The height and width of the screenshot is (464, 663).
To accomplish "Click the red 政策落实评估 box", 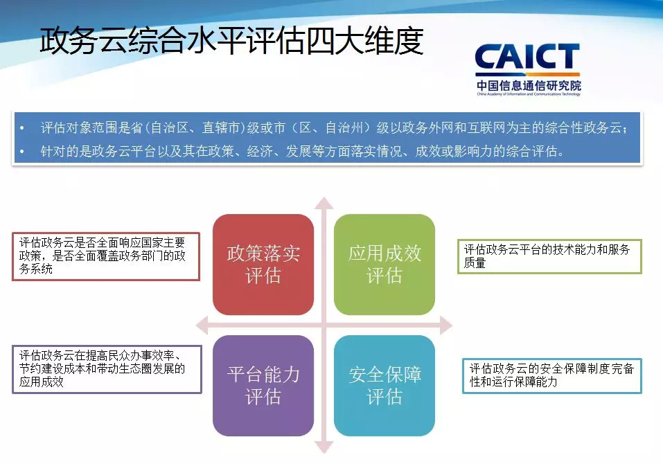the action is [263, 265].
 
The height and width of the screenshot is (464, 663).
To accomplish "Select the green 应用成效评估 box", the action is [384, 265].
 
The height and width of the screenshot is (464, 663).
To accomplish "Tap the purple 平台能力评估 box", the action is [263, 386].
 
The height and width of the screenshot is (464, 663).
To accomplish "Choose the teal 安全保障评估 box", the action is [384, 386].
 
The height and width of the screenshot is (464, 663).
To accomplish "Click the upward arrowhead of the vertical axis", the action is [324, 204].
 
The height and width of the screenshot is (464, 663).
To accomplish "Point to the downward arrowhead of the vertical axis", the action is [324, 447].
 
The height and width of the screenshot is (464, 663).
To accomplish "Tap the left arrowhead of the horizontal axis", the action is [202, 325].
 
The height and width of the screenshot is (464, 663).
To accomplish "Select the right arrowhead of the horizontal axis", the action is [446, 325].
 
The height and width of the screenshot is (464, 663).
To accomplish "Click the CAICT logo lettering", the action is [527, 57].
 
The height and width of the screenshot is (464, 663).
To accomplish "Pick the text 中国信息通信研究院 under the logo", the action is [529, 86].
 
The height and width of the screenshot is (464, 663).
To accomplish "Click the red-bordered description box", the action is [106, 256].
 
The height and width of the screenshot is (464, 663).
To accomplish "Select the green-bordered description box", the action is [549, 256].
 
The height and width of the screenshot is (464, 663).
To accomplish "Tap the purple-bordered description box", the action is [107, 369].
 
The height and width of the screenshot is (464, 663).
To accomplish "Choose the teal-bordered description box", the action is [551, 376].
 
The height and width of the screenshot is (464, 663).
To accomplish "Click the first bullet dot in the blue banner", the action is [22, 127].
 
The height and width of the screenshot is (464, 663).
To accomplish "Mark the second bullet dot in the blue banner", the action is [22, 151].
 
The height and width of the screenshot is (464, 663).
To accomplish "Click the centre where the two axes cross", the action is [324, 325].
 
